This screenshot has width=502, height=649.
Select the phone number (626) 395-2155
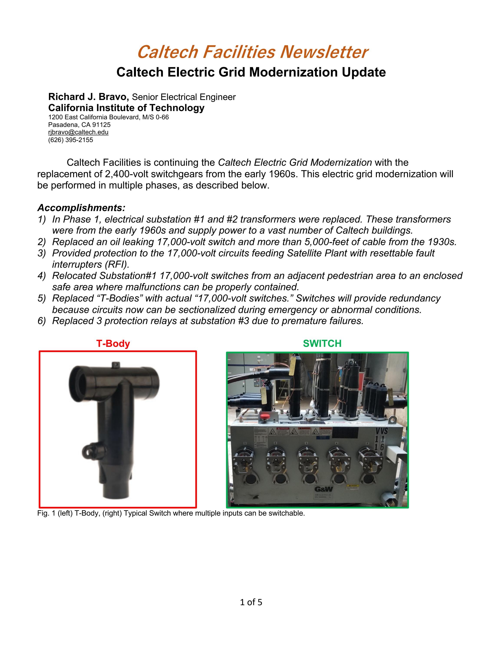[71, 140]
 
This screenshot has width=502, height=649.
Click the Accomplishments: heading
[81, 207]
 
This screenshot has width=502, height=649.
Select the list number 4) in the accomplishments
[42, 276]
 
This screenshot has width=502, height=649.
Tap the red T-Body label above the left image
[113, 344]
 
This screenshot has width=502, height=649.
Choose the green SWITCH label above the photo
[322, 344]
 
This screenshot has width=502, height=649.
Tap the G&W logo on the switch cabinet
[324, 489]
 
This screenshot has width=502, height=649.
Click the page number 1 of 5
[251, 602]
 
